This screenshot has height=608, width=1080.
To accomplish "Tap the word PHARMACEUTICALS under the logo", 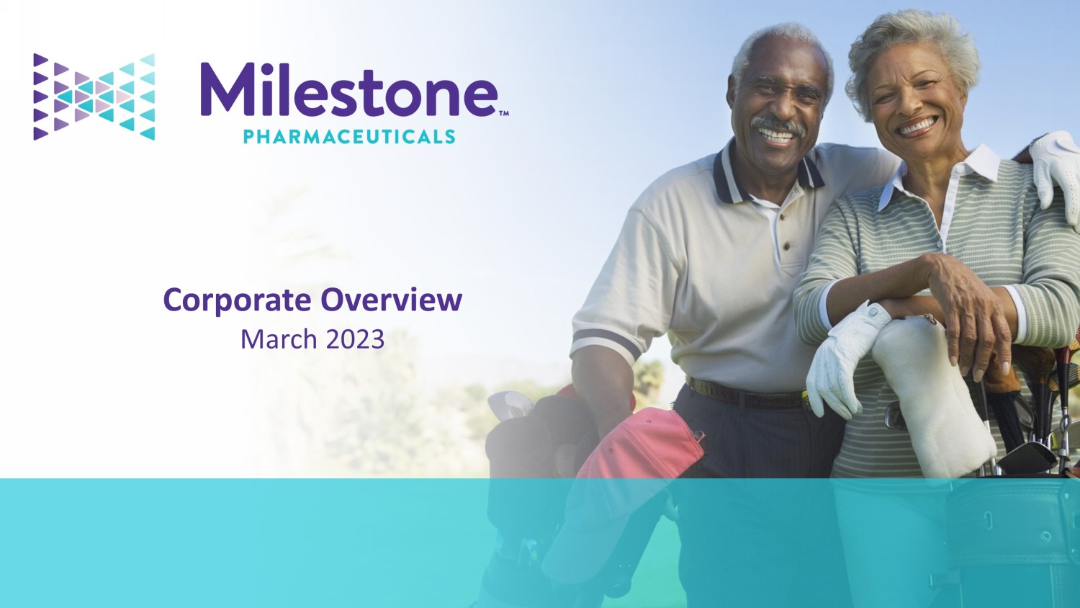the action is pos(349,137).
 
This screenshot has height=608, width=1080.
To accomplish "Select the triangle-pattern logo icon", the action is pos(94,97).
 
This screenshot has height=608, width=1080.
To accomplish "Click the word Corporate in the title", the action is pos(237,300).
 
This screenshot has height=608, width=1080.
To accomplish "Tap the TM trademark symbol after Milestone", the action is pos(503,114).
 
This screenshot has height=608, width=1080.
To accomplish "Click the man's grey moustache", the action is pos(777,125).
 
